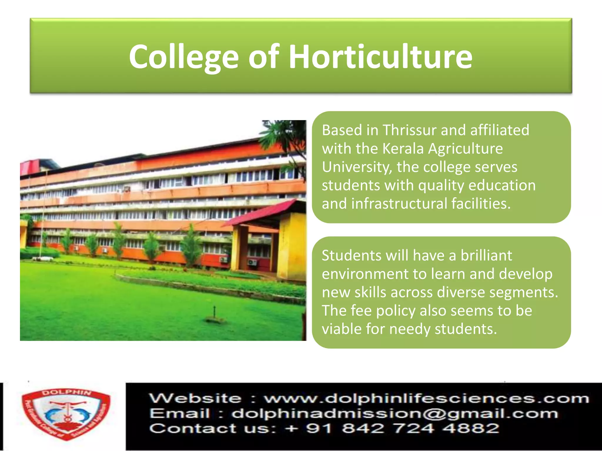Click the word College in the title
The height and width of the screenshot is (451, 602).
184,57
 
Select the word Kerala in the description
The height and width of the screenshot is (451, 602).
403,149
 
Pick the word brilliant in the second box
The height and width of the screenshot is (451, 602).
486,255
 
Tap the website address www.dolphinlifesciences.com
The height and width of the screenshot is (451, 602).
426,399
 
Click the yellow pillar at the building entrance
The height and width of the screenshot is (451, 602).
292,247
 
